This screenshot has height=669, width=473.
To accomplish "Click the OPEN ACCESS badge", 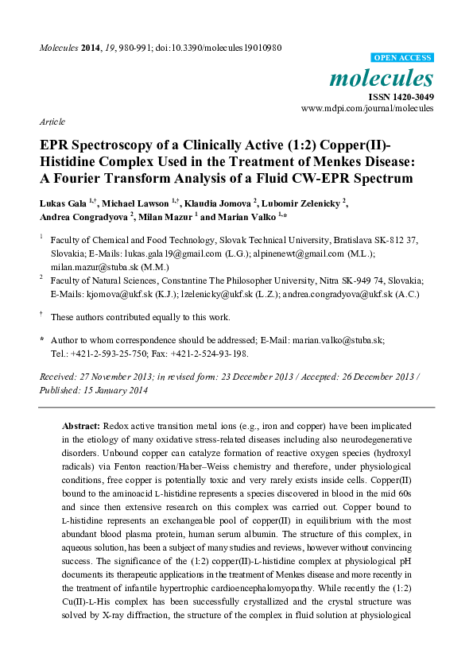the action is pyautogui.click(x=403, y=57).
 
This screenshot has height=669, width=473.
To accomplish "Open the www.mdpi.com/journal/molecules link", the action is pyautogui.click(x=367, y=108).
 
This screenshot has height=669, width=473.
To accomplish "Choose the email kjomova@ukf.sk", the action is pyautogui.click(x=111, y=292).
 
